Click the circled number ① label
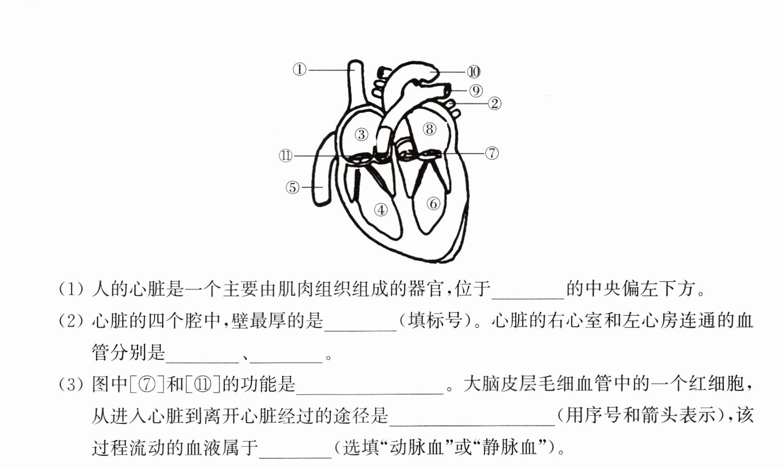(x=300, y=69)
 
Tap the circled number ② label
(x=494, y=104)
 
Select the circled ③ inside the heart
(x=361, y=135)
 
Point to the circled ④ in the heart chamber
(x=381, y=210)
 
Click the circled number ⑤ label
(x=293, y=187)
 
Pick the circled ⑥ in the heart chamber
(x=433, y=203)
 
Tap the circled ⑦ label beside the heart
(x=492, y=153)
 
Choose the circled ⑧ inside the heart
(x=430, y=129)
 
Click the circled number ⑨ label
(x=476, y=91)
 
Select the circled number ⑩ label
(x=474, y=72)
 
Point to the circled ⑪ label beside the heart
(x=286, y=156)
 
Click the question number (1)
(x=71, y=289)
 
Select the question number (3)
(x=71, y=384)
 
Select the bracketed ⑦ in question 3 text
(x=147, y=384)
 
